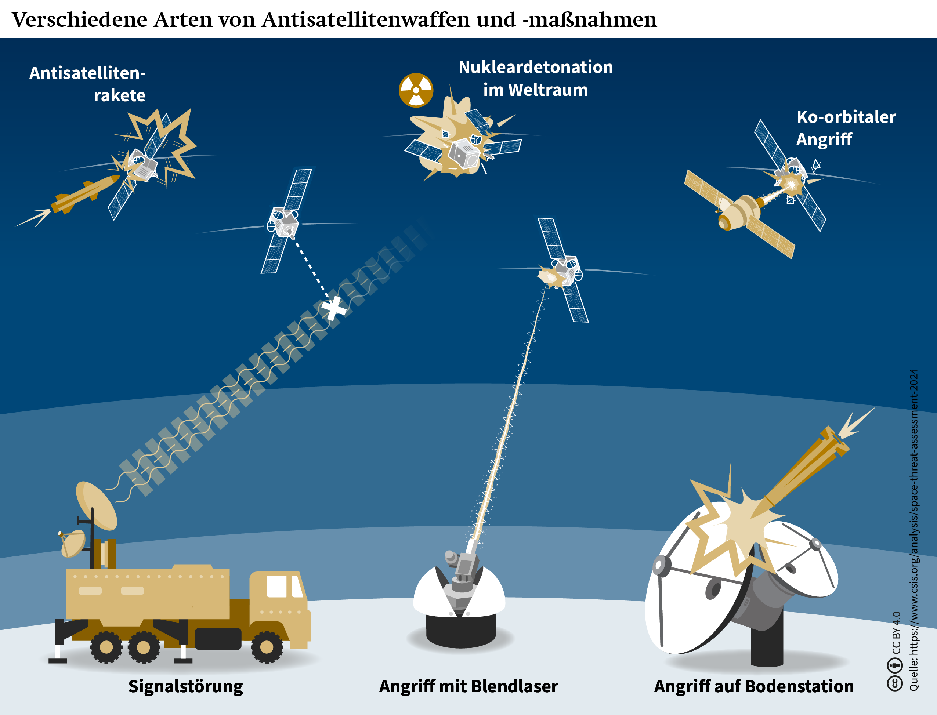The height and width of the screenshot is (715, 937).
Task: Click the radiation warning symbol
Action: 416,90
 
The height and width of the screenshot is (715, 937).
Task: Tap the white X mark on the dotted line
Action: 333,308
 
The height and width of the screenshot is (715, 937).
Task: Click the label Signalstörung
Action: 186,687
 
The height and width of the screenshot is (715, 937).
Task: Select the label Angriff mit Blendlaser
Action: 468,686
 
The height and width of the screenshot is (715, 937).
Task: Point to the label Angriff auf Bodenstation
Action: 753,686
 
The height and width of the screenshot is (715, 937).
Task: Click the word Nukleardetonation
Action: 536,67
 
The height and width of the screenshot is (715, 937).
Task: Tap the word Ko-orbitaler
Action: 846,117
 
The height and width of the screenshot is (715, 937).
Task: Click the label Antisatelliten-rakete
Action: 87,84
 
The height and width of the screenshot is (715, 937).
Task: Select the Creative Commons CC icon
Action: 894,683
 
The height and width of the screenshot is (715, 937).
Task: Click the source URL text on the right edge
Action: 914,530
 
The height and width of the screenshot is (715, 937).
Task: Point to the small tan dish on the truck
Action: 73,544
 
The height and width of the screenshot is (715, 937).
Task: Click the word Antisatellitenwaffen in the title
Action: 366,19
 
